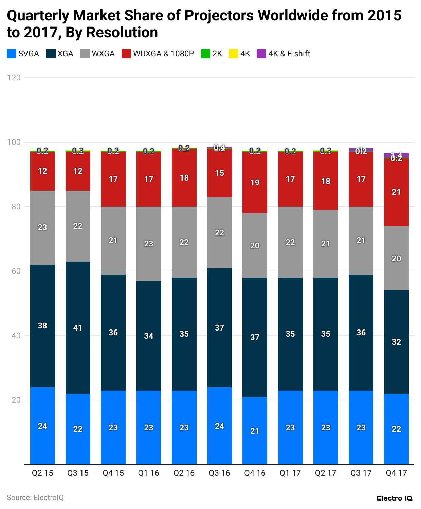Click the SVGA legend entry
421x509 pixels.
[x=23, y=54]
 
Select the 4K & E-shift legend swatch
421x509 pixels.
[x=261, y=54]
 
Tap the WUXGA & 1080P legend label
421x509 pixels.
[x=163, y=54]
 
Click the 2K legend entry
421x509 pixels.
[x=212, y=54]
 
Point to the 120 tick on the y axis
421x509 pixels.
[x=14, y=78]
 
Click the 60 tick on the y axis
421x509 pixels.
[x=14, y=271]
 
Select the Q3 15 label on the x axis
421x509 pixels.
[x=78, y=473]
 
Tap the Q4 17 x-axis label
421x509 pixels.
[x=396, y=473]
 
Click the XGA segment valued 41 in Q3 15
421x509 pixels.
[x=78, y=328]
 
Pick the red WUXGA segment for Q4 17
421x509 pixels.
[x=396, y=192]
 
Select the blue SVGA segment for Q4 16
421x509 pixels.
[x=255, y=431]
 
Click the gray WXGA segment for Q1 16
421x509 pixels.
[x=149, y=244]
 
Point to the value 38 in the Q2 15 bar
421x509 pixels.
[x=42, y=326]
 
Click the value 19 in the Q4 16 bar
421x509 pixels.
[x=255, y=183]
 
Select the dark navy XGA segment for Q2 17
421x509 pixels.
[x=326, y=334]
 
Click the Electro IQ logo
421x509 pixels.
[x=394, y=498]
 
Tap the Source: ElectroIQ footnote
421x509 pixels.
[x=35, y=497]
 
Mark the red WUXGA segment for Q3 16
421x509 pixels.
[x=219, y=173]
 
